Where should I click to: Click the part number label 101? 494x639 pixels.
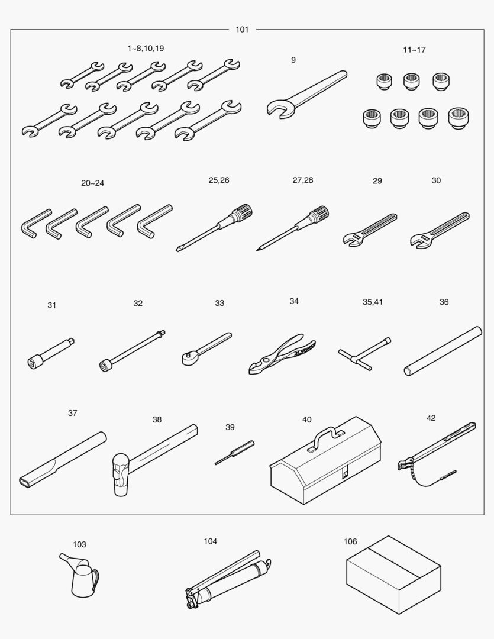coord(242,30)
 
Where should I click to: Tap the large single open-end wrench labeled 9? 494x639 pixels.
coord(306,95)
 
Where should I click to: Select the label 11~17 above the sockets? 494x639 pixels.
coord(414,50)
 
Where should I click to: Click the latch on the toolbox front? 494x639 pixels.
coord(346,473)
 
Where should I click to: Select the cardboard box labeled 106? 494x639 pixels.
coord(393,575)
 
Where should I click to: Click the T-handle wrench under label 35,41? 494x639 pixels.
coord(364,353)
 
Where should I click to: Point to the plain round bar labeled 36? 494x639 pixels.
coord(443,351)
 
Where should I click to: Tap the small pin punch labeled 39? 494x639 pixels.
coord(234,453)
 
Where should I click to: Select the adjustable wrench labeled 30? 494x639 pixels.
coord(440,230)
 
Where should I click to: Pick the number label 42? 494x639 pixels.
coord(431,418)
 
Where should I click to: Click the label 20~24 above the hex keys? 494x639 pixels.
coord(92,183)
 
